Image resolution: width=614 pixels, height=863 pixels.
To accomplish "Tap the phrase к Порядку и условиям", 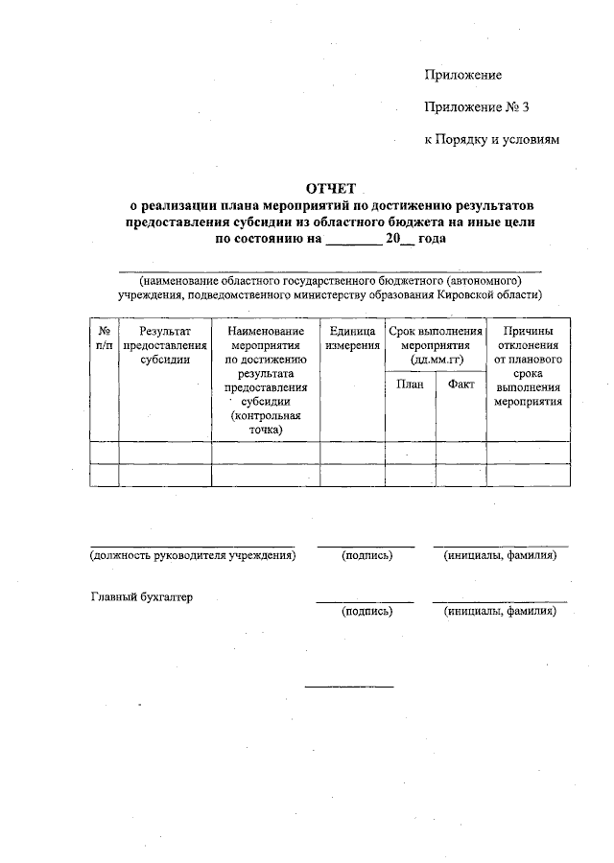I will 490,140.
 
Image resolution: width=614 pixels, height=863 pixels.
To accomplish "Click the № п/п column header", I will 104,337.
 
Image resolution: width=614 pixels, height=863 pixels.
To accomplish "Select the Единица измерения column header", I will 351,338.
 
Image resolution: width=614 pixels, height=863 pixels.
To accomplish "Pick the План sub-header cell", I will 409,385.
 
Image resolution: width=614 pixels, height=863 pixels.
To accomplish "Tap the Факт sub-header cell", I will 460,385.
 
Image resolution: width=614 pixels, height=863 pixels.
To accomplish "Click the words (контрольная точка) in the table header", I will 265,423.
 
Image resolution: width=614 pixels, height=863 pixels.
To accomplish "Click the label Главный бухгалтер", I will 141,596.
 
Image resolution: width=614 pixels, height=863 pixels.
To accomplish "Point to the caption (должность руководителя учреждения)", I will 192,555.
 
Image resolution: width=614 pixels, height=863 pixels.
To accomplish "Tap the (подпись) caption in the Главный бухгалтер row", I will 366,610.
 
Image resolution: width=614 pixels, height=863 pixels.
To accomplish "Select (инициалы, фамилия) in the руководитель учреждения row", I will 499,555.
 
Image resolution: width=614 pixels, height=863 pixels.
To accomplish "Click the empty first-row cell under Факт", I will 460,453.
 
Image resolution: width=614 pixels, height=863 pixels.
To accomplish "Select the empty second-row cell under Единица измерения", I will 351,476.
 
